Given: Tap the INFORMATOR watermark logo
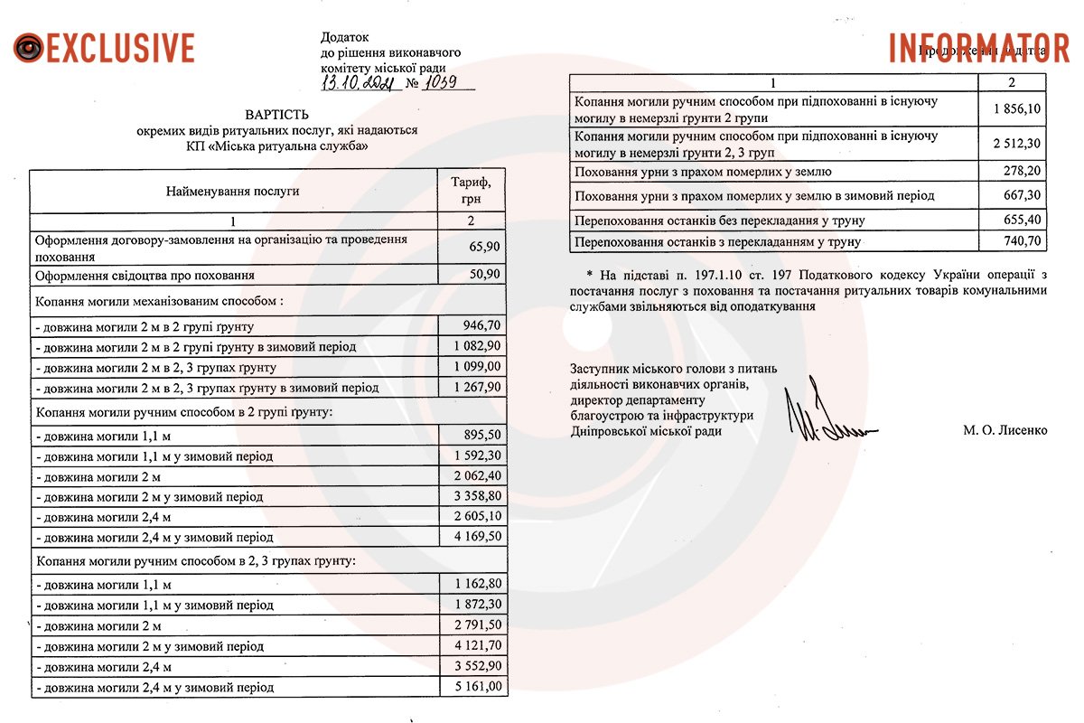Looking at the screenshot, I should coord(979,48).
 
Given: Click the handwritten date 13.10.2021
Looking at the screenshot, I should coord(359,84).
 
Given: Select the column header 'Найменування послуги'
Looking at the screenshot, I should coord(232,191).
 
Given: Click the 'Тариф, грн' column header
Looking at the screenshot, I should coord(471,190).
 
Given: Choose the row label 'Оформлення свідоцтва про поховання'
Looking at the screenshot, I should coord(145,275).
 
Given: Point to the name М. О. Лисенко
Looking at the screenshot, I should coord(1005,430).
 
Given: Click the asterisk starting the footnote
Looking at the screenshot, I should coord(589,274).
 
